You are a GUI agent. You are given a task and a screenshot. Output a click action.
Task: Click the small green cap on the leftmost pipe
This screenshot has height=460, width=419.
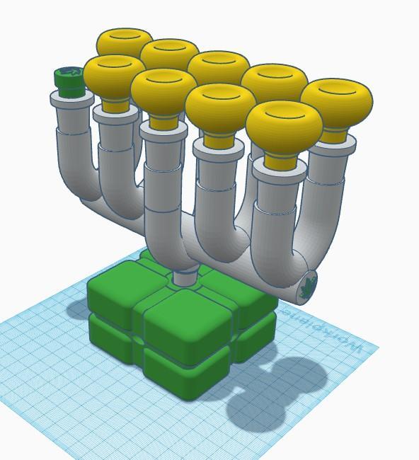[x=69, y=81]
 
